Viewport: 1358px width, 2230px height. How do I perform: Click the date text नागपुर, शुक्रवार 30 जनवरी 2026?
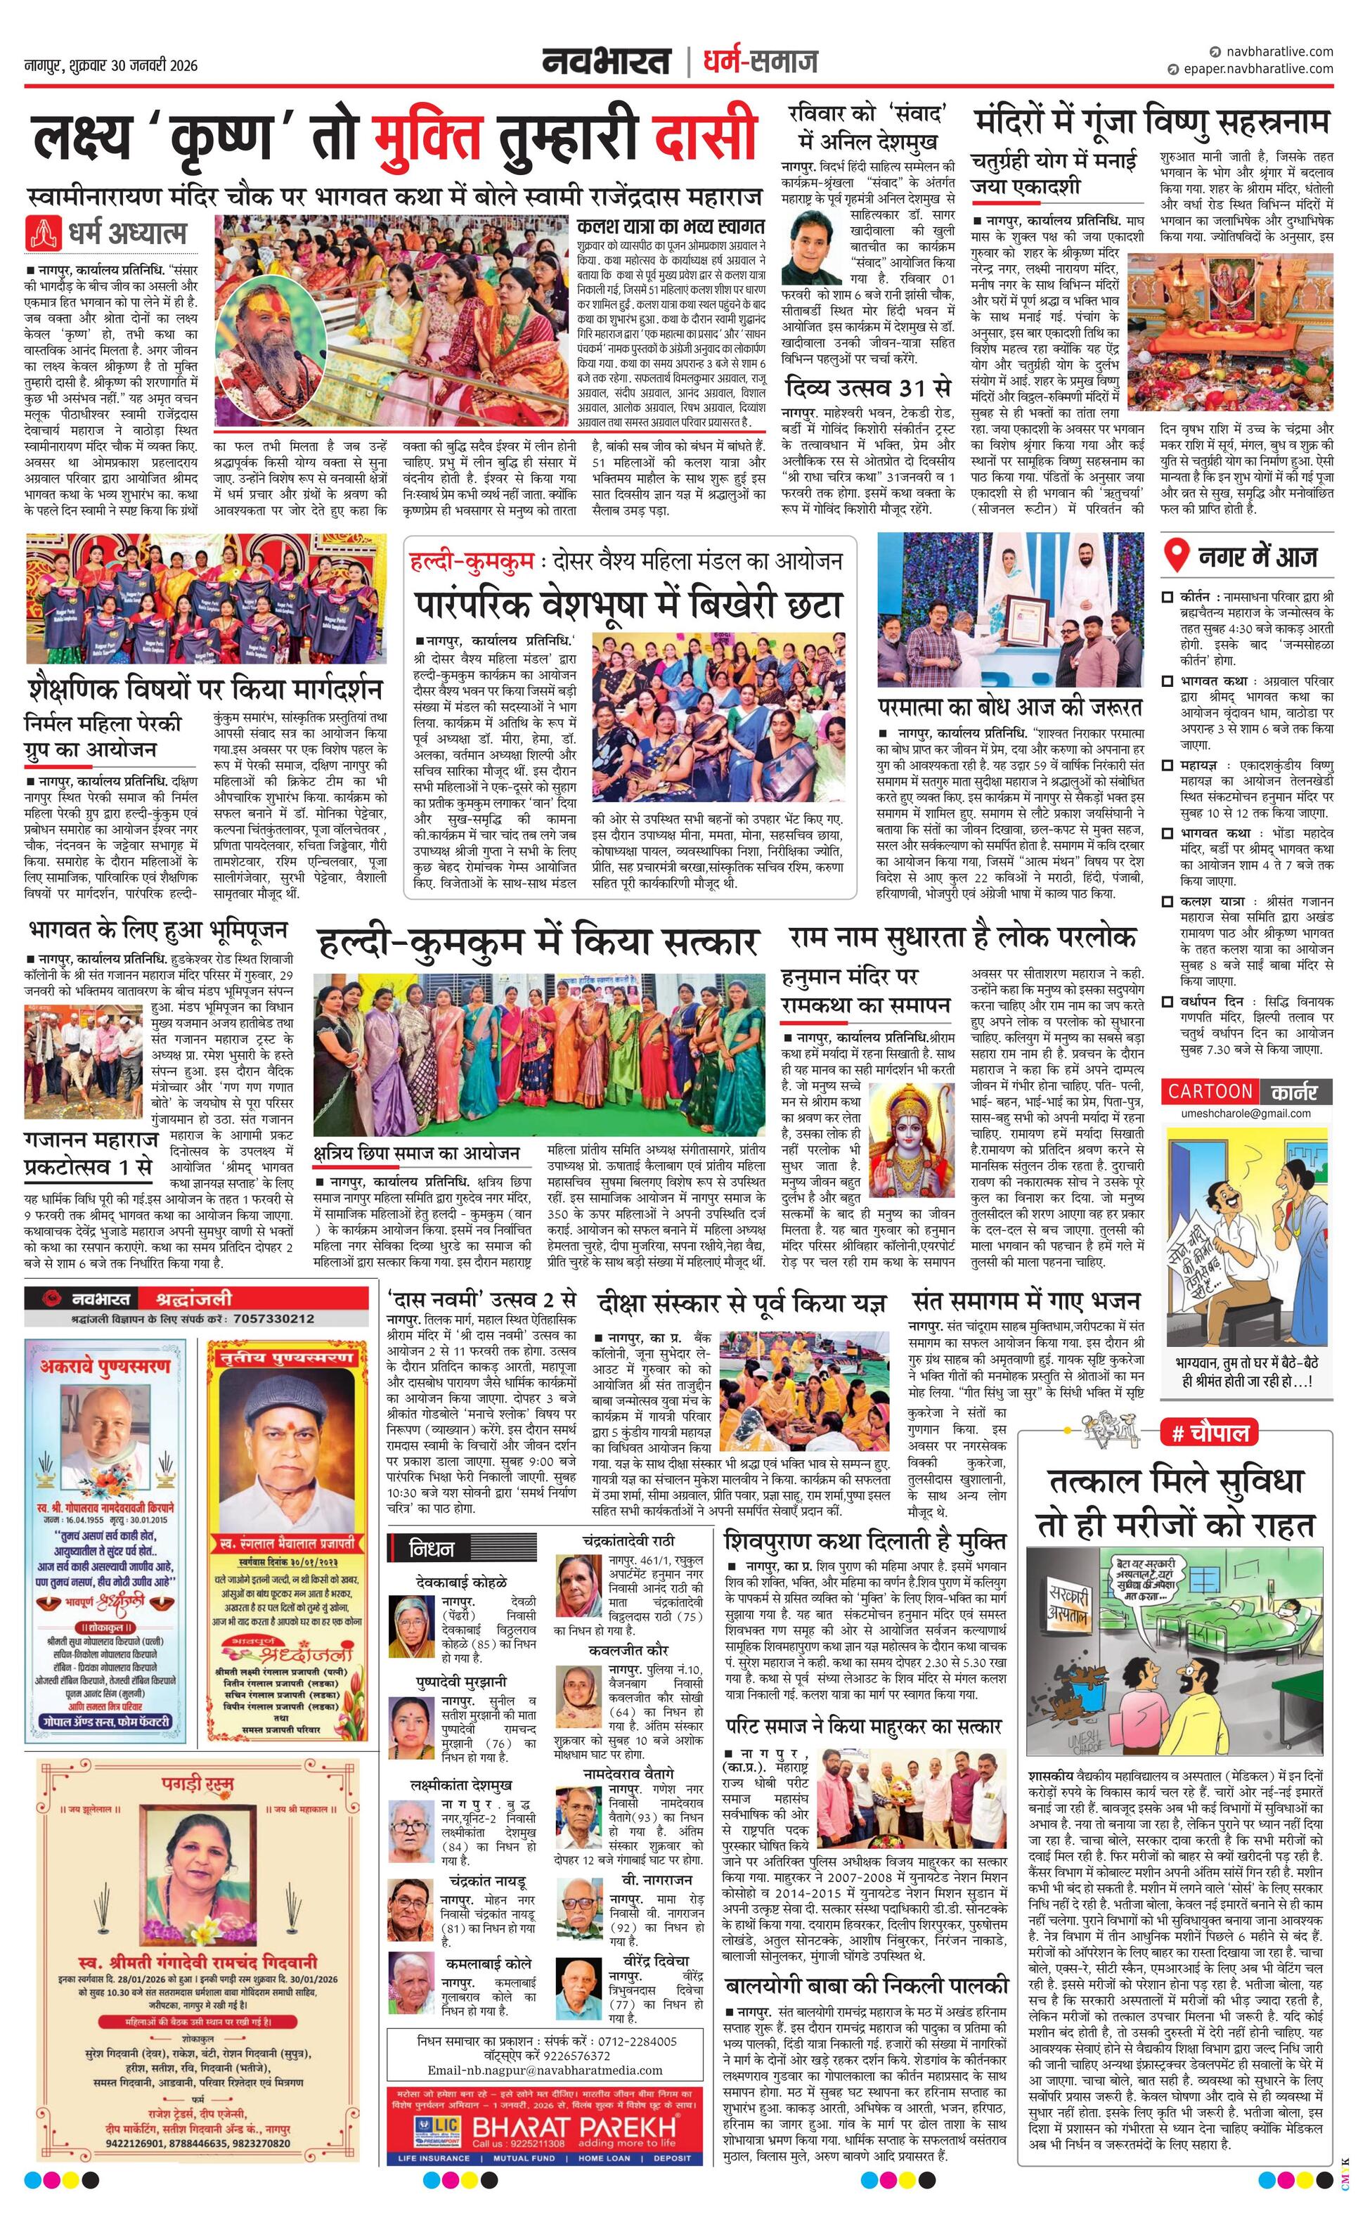pos(110,66)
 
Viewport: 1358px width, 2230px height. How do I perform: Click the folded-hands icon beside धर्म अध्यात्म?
pos(42,233)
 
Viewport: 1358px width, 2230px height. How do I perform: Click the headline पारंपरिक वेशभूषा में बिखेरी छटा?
pos(629,605)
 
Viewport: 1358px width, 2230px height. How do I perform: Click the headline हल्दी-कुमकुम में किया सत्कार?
pos(538,943)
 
